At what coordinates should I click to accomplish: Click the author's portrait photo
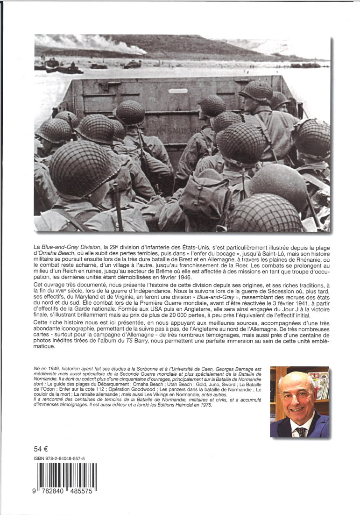299,402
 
